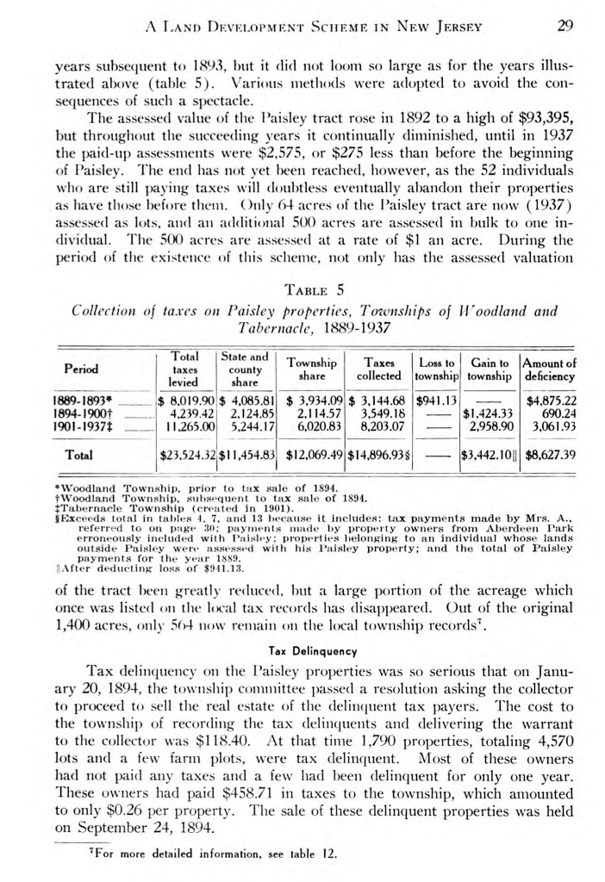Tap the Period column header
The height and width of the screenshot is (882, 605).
click(78, 369)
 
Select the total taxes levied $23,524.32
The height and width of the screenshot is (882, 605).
click(186, 453)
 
